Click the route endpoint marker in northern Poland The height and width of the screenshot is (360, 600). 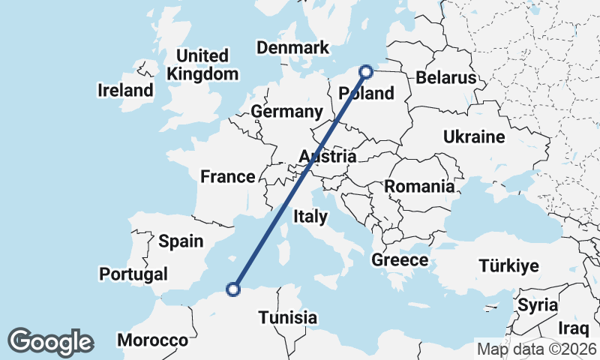367,72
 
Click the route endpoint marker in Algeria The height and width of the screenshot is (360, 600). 233,289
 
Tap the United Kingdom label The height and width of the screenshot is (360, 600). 202,65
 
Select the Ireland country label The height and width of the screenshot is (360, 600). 125,91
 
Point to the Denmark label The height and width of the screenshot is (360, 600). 292,48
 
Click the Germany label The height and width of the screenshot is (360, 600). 286,112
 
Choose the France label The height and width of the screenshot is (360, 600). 228,177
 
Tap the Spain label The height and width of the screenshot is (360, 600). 181,241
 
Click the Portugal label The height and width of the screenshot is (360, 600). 133,274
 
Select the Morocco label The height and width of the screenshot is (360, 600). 157,340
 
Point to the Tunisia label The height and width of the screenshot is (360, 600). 288,317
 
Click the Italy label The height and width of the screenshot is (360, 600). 310,217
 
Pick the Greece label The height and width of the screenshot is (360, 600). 400,260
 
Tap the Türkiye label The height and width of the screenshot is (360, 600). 509,266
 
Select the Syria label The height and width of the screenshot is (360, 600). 538,305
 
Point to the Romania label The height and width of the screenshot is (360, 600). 419,187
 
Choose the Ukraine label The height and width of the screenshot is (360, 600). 474,137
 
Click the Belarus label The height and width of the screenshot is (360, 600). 446,78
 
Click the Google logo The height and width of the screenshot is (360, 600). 51,342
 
